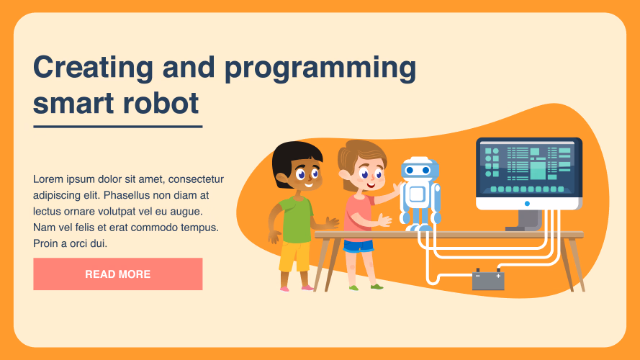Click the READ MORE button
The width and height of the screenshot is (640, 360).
coord(117,274)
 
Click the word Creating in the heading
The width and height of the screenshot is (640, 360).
coord(93,68)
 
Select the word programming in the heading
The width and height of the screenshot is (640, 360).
coord(320,68)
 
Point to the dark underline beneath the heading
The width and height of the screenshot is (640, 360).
coord(118,127)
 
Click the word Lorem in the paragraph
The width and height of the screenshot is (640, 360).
coord(48,179)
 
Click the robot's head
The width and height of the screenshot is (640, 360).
coord(420,169)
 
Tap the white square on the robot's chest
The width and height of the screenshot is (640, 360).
coord(417,194)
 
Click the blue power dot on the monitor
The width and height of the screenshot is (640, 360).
coord(527,203)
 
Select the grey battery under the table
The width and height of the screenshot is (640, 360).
coord(488,279)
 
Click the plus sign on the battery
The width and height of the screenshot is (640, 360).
coord(498,276)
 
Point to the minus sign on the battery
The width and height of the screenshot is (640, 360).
coord(478,276)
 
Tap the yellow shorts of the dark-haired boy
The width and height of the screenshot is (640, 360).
coord(294,256)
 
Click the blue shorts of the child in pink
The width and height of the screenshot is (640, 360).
coord(359,246)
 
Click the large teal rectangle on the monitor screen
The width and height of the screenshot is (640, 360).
coord(538,171)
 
